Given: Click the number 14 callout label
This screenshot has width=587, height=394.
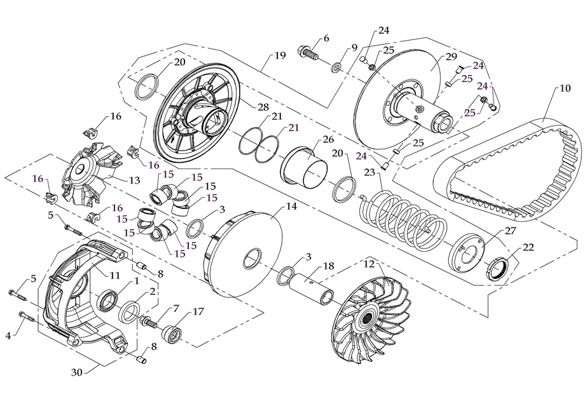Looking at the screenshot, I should pyautogui.click(x=291, y=207).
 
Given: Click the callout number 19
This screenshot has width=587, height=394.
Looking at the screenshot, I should pyautogui.click(x=280, y=55).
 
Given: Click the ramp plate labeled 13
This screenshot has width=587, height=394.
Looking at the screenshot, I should pyautogui.click(x=89, y=172).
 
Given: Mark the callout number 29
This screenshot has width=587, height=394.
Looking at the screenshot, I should pyautogui.click(x=452, y=57).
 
